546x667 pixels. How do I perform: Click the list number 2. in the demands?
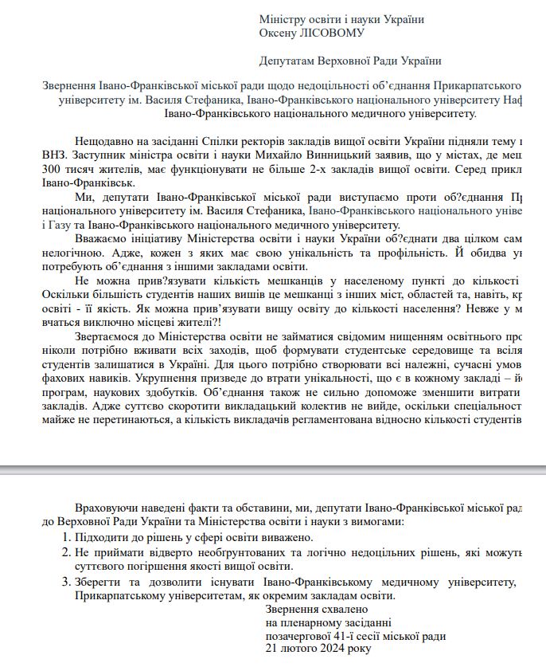67,551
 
